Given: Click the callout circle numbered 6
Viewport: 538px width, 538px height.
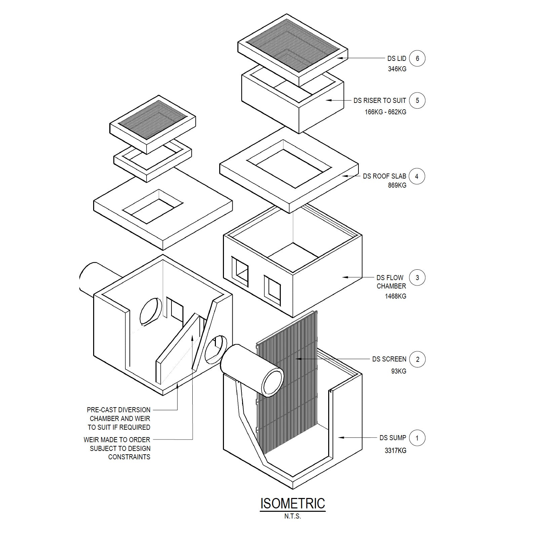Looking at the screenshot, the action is coord(417,59).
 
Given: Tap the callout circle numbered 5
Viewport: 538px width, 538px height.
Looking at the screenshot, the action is coord(417,100).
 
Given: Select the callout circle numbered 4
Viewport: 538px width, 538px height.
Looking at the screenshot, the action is coord(417,176).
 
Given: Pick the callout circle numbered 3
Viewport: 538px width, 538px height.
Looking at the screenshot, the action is coord(417,278).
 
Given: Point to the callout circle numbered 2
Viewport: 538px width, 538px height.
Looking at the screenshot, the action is coord(418,359).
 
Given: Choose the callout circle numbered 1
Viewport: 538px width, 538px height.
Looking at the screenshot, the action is coord(417,438).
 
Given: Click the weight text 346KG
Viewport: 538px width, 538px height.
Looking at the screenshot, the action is coord(397,69).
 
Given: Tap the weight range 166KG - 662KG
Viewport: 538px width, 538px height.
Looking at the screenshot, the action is coord(385,112).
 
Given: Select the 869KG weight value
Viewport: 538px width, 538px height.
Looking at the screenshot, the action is coord(397,185).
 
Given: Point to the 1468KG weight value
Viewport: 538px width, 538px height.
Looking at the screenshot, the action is coord(395,296).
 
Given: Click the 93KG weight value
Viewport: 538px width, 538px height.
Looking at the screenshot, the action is coord(399,371).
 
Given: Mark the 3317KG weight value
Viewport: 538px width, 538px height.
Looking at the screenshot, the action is coord(395,451).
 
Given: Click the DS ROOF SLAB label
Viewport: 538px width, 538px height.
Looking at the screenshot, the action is coord(385,176).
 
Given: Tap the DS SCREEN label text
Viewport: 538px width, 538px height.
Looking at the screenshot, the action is coord(389,359).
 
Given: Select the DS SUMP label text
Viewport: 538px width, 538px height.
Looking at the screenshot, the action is coord(393,438).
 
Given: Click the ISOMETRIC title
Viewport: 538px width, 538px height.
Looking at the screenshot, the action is coord(293,503).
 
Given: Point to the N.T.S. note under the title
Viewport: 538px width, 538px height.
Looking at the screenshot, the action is coord(293,516).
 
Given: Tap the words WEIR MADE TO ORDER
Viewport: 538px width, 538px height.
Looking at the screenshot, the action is coord(117,439).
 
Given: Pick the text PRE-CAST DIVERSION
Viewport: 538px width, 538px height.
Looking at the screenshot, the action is coord(119,410).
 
